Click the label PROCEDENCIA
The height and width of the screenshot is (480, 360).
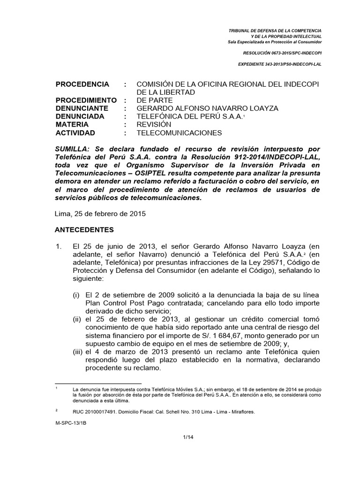[x=82, y=84]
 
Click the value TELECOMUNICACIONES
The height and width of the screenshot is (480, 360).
[x=179, y=133]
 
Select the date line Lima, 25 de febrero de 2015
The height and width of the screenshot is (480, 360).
[x=101, y=214]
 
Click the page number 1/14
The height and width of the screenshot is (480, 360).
[x=188, y=437]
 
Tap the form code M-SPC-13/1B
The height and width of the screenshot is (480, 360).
[x=70, y=421]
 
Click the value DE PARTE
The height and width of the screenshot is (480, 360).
[x=154, y=100]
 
